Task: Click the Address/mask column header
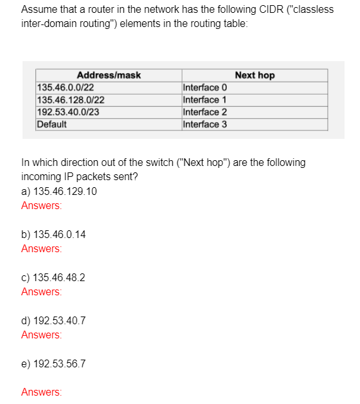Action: pyautogui.click(x=109, y=75)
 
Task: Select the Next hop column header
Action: pyautogui.click(x=255, y=75)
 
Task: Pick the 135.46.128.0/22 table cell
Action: pyautogui.click(x=71, y=100)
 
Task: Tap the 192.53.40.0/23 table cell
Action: pyautogui.click(x=68, y=112)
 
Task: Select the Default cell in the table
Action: pyautogui.click(x=51, y=124)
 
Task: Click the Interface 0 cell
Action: pyautogui.click(x=205, y=87)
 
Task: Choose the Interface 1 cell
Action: pyautogui.click(x=205, y=100)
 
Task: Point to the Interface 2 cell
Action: pyautogui.click(x=205, y=112)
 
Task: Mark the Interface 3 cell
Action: pyautogui.click(x=205, y=124)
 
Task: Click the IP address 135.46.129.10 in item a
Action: pyautogui.click(x=66, y=191)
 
